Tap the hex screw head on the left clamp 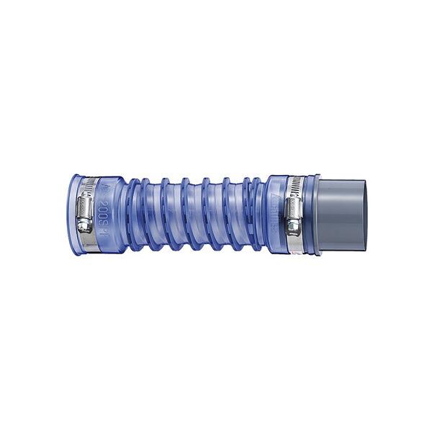85,225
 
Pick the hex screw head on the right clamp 294,228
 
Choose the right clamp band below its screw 296,243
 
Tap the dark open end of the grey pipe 363,215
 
